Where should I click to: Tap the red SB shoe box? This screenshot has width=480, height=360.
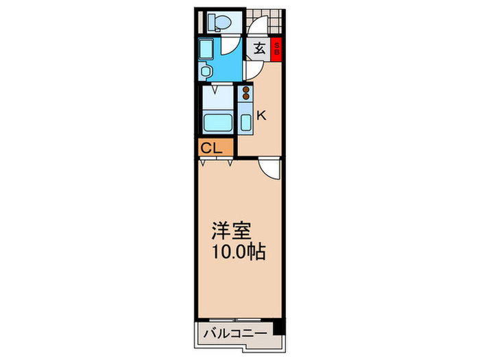click(276, 49)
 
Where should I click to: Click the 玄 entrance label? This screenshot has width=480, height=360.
click(260, 49)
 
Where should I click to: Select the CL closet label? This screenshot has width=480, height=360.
click(211, 147)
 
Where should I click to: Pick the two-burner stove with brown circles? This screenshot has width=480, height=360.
click(245, 93)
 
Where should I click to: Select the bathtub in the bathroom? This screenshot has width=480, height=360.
click(217, 123)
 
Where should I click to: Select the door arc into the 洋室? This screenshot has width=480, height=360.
click(269, 168)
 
